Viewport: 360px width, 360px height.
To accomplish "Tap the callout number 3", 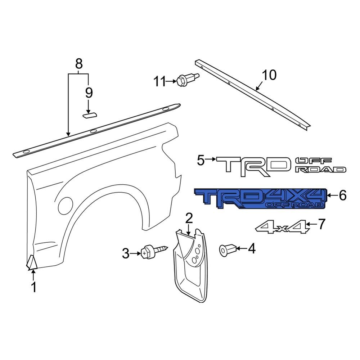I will tap(125, 254).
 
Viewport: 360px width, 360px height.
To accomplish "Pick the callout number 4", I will tap(251, 248).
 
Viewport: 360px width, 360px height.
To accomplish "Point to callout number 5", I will tap(201, 159).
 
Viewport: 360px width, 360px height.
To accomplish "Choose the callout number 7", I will tap(321, 224).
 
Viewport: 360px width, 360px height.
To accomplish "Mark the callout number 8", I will tap(79, 64).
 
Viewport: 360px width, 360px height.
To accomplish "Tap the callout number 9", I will tap(89, 93).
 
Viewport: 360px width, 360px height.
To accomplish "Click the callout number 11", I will tap(159, 82).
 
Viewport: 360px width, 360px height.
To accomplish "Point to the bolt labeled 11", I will tap(187, 80).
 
